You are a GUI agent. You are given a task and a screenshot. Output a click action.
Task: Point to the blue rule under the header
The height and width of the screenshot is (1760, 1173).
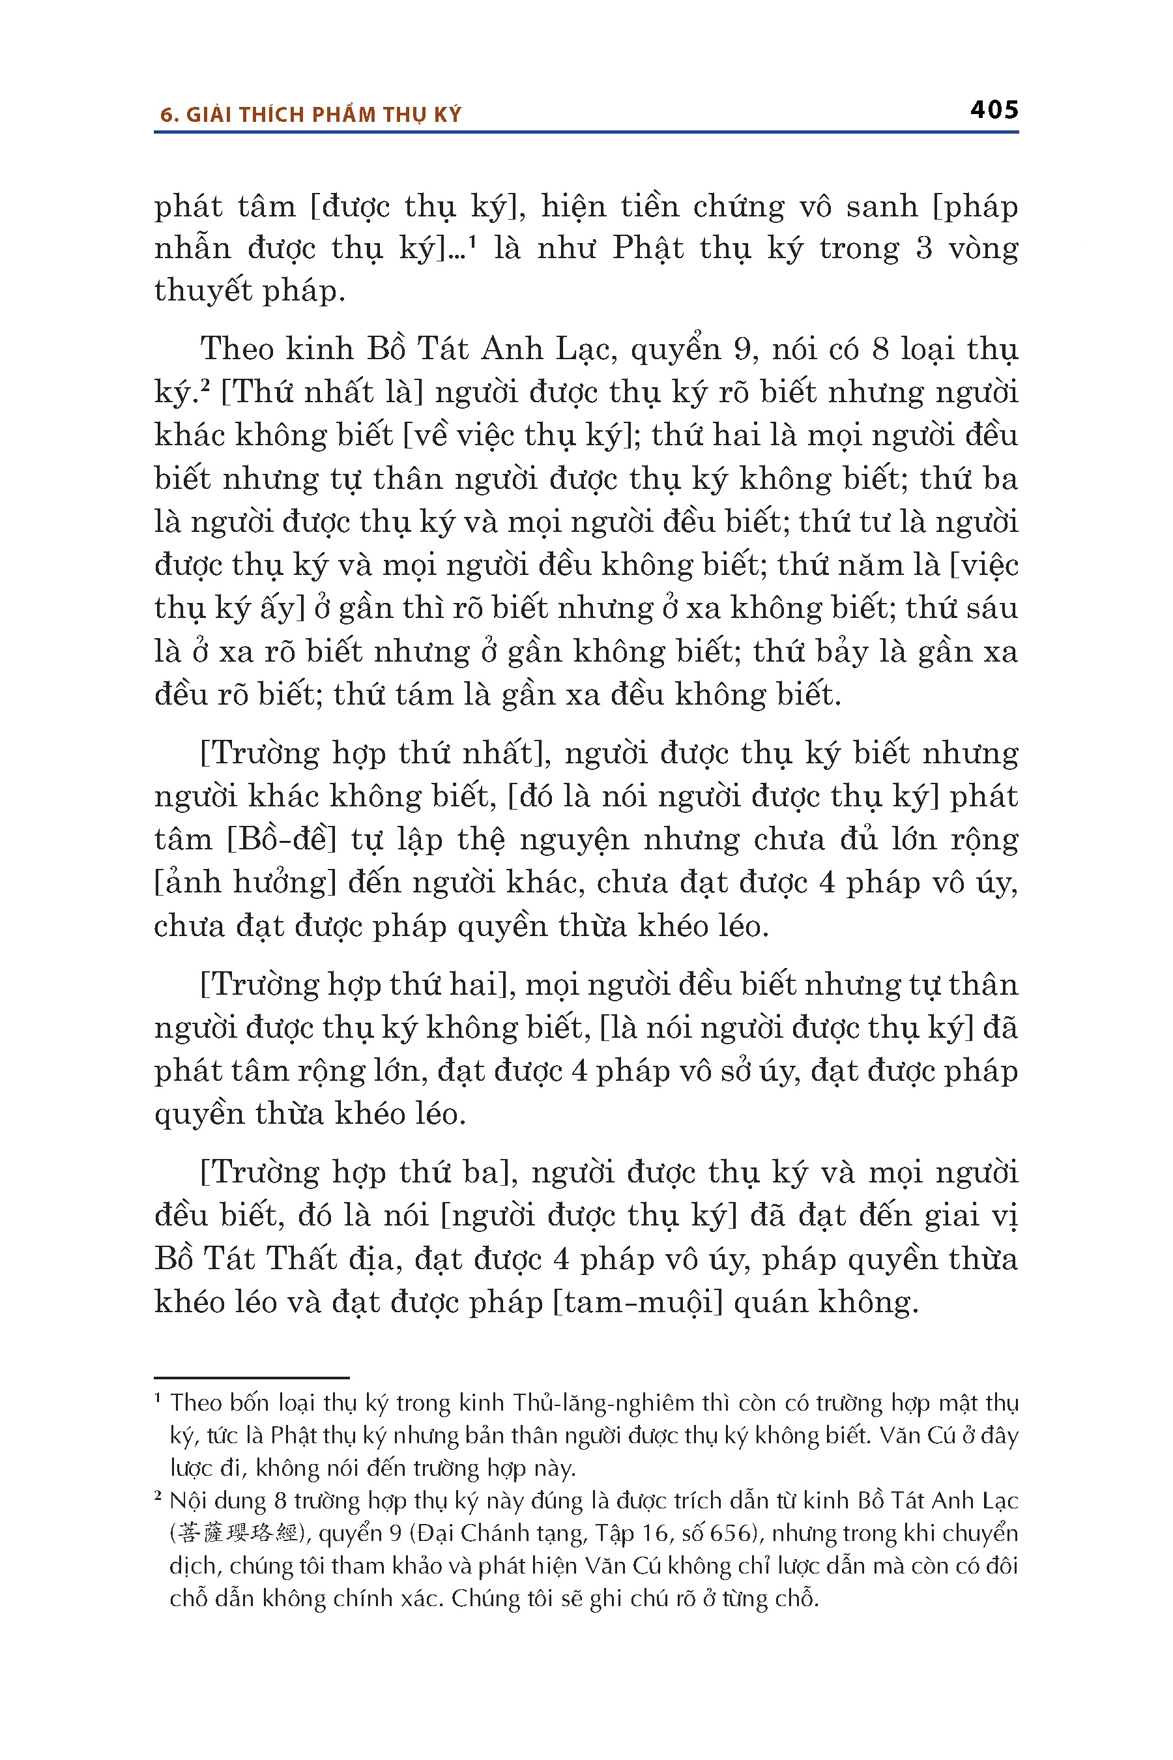586,132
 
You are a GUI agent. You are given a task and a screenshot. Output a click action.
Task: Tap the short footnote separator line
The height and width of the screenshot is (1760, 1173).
252,1377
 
